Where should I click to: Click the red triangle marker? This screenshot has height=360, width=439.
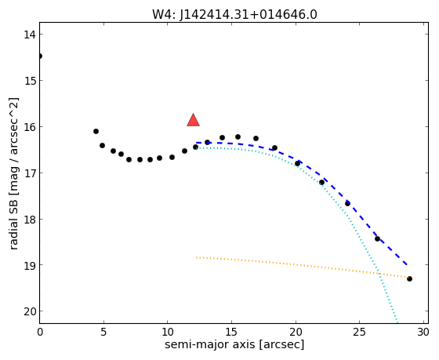click(x=193, y=120)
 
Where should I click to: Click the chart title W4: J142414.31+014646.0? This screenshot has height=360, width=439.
click(x=234, y=15)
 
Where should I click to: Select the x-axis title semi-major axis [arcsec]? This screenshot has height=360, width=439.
click(x=234, y=344)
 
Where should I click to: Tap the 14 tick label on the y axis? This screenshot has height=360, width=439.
click(x=30, y=35)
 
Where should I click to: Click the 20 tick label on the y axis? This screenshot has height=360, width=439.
click(x=30, y=311)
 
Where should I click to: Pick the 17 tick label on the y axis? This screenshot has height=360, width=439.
click(x=30, y=173)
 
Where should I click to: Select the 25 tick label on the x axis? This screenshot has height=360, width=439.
click(x=360, y=333)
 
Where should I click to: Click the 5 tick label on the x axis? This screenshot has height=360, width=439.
click(x=103, y=333)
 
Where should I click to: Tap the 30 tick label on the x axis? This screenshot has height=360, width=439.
click(x=423, y=333)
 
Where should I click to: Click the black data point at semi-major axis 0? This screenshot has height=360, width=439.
click(x=40, y=56)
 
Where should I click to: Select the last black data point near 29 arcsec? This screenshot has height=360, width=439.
click(x=409, y=278)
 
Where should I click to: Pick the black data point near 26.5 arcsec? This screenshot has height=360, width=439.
click(x=377, y=238)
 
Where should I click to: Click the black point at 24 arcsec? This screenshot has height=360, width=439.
click(x=347, y=203)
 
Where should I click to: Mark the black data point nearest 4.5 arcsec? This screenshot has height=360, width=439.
click(x=96, y=132)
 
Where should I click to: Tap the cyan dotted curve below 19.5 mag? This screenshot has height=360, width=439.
click(x=389, y=298)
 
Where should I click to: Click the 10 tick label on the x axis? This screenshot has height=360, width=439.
click(x=168, y=333)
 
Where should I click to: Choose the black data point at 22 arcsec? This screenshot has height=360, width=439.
click(x=321, y=183)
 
